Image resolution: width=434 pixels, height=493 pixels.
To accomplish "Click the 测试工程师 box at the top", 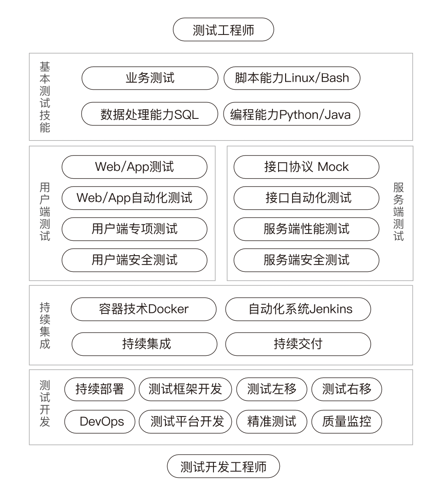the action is tap(223, 30).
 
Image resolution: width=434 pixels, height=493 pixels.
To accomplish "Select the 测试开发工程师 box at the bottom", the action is tap(223, 466).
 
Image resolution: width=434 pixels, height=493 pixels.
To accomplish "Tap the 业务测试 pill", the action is tap(150, 78).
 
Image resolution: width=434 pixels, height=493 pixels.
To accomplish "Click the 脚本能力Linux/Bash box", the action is tap(292, 78).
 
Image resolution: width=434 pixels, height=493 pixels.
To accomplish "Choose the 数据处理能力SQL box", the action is tap(149, 114).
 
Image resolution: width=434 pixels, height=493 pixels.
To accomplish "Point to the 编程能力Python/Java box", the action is tap(291, 114).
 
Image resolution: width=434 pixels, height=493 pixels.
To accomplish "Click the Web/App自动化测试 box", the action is tap(134, 198).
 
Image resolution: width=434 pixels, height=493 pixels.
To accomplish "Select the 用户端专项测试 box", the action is tap(134, 229).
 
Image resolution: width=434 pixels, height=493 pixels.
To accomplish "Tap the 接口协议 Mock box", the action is tap(306, 167).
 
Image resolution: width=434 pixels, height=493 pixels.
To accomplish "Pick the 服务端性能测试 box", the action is tap(306, 229).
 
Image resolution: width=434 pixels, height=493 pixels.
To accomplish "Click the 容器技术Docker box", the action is tap(144, 309).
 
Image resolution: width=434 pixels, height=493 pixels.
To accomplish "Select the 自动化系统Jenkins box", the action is tap(298, 309).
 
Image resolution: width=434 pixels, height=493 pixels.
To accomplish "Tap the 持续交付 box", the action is tap(298, 344).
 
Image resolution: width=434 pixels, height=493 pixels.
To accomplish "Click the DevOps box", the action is tap(100, 422).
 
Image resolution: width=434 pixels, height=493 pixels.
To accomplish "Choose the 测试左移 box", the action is tap(272, 389).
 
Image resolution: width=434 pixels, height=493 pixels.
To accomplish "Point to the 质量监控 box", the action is tap(347, 422).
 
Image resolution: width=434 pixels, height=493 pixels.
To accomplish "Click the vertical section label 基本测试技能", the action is tap(45, 97).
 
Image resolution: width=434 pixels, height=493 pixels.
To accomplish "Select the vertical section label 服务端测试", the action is tap(399, 212).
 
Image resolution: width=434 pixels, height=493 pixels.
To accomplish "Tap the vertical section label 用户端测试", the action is tap(45, 212).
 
